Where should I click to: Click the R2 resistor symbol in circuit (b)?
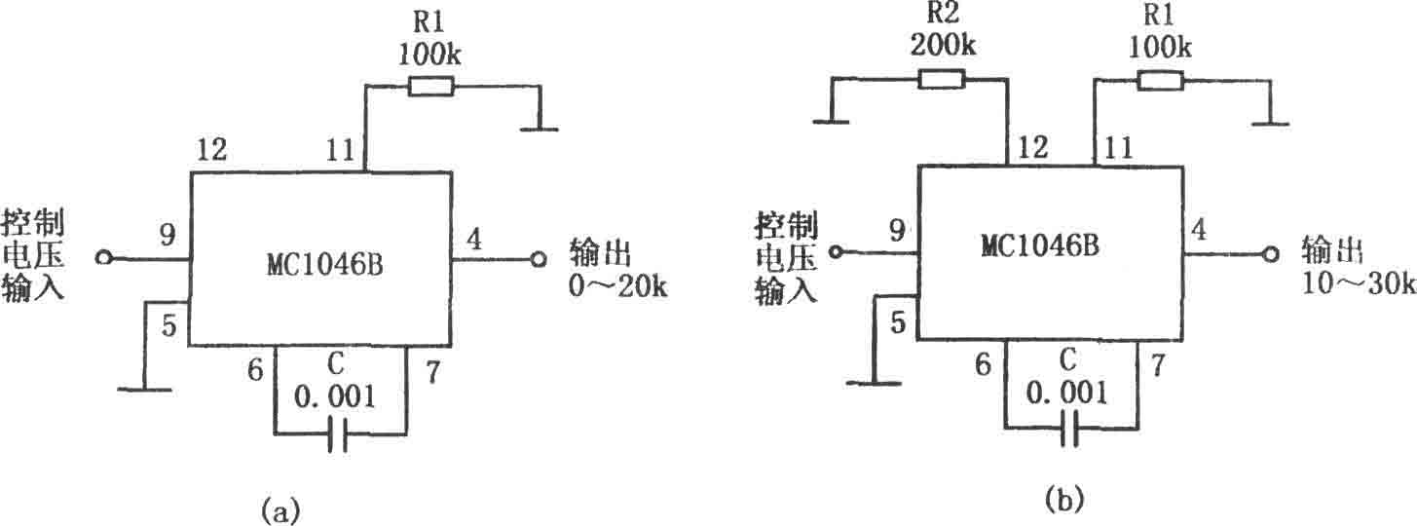tap(942, 80)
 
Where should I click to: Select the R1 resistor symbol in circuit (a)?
tap(430, 86)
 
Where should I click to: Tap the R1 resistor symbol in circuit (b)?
tap(1160, 81)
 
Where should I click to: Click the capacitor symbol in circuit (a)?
tap(338, 434)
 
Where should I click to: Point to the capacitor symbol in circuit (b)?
tap(1068, 430)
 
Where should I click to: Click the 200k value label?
tap(943, 45)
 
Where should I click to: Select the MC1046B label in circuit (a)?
tap(325, 265)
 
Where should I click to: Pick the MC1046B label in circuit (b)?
tap(1040, 244)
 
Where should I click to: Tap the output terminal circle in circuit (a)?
tap(539, 259)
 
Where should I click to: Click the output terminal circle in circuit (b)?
tap(1270, 254)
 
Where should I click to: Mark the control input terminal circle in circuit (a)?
tap(103, 257)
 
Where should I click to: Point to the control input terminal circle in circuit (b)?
tap(837, 252)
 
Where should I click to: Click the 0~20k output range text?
tap(617, 286)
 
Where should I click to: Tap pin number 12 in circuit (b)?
tap(1032, 147)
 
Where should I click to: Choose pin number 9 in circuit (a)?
tap(167, 235)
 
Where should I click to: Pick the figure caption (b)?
tap(1063, 500)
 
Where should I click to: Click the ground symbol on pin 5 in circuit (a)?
tap(144, 389)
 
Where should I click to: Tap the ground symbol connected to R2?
tap(831, 120)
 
